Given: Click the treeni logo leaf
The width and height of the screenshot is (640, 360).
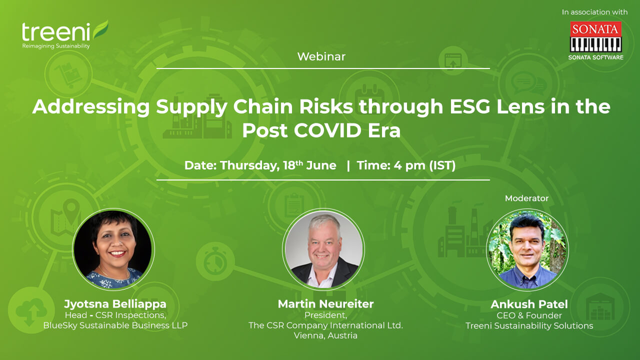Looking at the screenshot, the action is [x=100, y=29].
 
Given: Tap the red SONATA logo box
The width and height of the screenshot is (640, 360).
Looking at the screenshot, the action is [x=595, y=29].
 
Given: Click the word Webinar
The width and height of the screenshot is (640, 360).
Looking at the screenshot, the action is [x=321, y=56].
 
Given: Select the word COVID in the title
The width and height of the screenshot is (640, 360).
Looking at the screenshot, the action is [x=327, y=130].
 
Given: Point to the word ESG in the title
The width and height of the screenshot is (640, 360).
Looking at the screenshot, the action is [x=469, y=106].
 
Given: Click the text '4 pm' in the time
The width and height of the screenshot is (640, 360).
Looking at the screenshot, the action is [x=409, y=165].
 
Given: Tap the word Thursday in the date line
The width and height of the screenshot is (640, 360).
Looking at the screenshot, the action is [x=249, y=165].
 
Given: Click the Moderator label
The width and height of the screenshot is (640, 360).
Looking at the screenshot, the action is [x=526, y=198].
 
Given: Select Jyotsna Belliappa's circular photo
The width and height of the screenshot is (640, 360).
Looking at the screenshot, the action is [x=113, y=249].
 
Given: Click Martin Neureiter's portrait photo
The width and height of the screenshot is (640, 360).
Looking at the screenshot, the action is [x=323, y=249].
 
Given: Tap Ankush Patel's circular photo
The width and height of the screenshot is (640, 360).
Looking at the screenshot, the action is [x=527, y=249].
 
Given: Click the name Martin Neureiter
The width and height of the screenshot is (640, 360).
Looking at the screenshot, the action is [x=325, y=304].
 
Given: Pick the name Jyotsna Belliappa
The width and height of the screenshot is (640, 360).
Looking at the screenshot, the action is [x=115, y=304].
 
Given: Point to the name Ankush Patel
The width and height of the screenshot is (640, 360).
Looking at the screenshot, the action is [x=529, y=304].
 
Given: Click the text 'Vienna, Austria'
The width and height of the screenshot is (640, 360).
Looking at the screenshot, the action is [x=325, y=335].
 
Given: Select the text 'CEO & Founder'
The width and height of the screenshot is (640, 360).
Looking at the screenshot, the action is [x=529, y=315].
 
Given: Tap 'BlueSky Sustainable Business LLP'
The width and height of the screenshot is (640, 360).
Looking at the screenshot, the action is [x=115, y=325].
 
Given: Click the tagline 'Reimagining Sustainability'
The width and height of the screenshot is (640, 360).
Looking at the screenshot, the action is [x=56, y=46].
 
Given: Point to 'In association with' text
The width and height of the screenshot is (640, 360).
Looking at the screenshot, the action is [x=594, y=12].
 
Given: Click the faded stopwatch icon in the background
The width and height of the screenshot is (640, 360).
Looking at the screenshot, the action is [x=215, y=261].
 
